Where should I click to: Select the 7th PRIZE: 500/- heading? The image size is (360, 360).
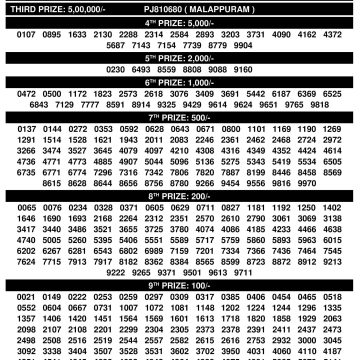click(x=180, y=146)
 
